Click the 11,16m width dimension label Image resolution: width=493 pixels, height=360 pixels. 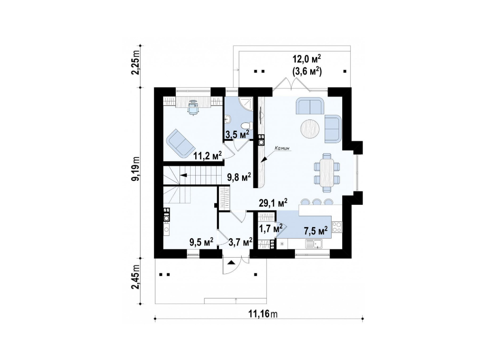pyautogui.click(x=263, y=314)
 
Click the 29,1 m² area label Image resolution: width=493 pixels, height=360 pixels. pyautogui.click(x=273, y=202)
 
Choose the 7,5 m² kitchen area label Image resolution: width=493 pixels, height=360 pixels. pyautogui.click(x=316, y=230)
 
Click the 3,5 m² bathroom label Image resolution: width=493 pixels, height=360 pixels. pyautogui.click(x=237, y=134)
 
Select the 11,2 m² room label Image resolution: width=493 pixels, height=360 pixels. pyautogui.click(x=207, y=155)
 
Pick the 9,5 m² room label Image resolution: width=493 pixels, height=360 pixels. pyautogui.click(x=201, y=241)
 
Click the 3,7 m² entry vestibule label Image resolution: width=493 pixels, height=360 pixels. pyautogui.click(x=241, y=241)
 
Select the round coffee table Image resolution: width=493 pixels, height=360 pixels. pyautogui.click(x=311, y=128)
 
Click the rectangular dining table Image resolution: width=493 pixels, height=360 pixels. pyautogui.click(x=327, y=172)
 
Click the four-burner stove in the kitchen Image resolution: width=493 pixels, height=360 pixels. pyautogui.click(x=337, y=227)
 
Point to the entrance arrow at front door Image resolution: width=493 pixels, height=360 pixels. pyautogui.click(x=231, y=262)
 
